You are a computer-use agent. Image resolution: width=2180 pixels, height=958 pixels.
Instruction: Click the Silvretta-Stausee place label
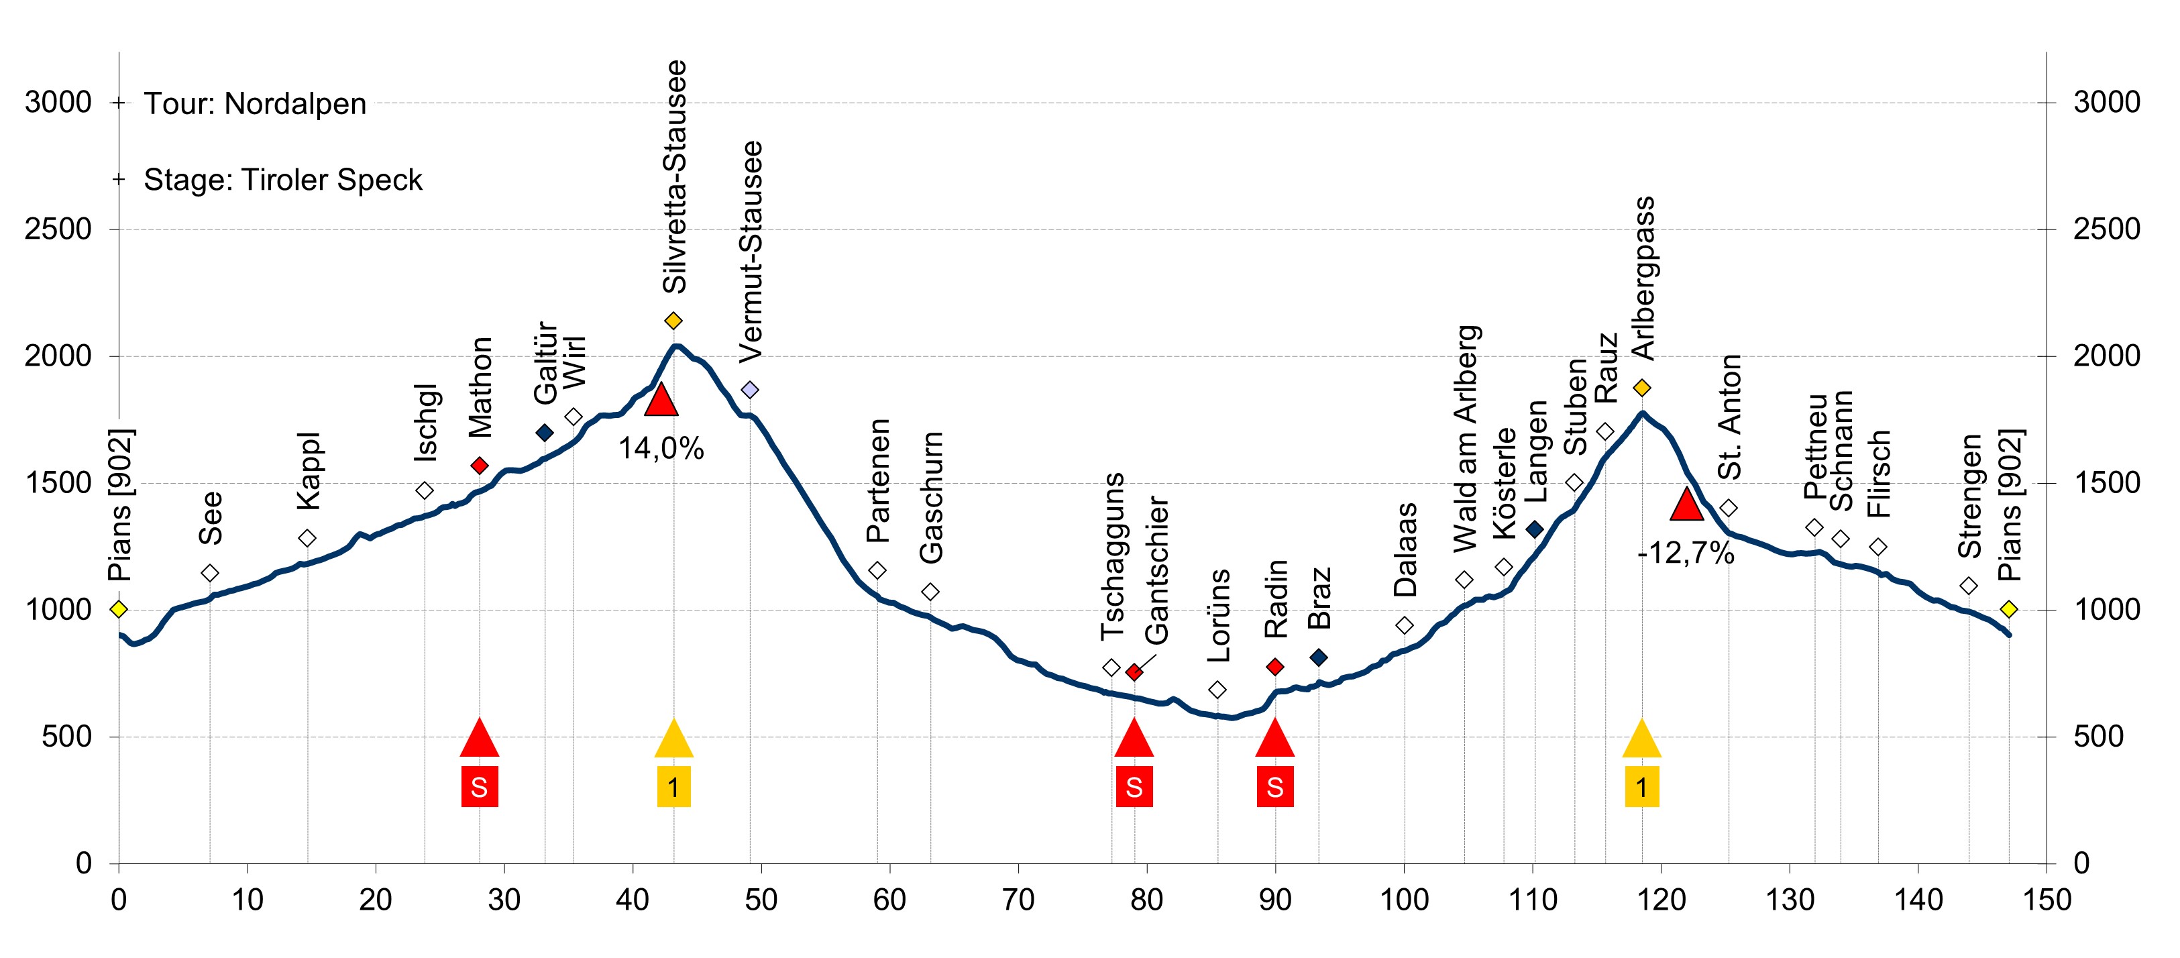coord(675,177)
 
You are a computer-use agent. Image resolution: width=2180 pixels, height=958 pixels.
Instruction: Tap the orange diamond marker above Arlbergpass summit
coord(1642,388)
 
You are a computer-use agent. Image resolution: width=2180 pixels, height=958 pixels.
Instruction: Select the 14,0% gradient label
coord(661,449)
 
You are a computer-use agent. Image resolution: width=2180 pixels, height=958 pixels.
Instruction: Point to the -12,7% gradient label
coord(1686,554)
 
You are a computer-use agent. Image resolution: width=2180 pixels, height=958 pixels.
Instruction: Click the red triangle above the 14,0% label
coord(661,399)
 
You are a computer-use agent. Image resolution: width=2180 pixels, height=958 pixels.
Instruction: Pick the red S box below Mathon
coord(479,787)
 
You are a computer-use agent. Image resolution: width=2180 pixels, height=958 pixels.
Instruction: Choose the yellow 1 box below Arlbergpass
coord(1642,787)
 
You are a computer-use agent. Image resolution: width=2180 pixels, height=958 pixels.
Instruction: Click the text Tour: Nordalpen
coord(255,104)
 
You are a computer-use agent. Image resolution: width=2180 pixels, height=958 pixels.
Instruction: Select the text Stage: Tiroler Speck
coord(282,180)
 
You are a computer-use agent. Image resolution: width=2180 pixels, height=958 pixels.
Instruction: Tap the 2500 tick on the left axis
coord(58,229)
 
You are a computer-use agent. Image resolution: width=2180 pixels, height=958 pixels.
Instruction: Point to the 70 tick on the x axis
coord(1018,900)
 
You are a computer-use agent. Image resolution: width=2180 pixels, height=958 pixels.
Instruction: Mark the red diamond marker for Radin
coord(1275,667)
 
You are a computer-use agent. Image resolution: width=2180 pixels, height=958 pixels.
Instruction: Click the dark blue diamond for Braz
coord(1319,657)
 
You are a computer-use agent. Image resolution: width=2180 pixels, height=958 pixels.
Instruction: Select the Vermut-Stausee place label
coord(751,252)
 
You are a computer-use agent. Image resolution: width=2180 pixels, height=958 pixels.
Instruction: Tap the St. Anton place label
coord(1729,417)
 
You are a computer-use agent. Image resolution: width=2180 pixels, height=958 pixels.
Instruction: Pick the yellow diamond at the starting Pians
coord(119,609)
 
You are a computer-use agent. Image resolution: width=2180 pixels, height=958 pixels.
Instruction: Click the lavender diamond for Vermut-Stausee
coord(750,390)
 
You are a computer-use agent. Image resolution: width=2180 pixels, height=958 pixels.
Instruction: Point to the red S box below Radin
coord(1274,787)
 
